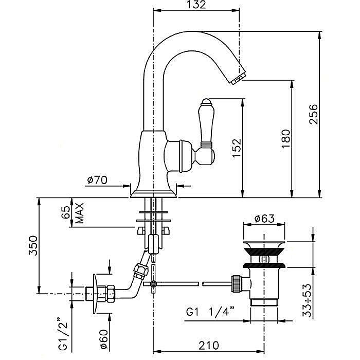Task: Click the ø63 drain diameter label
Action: click(265, 219)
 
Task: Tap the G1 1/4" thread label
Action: click(211, 313)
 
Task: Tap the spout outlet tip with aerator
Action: click(237, 78)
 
